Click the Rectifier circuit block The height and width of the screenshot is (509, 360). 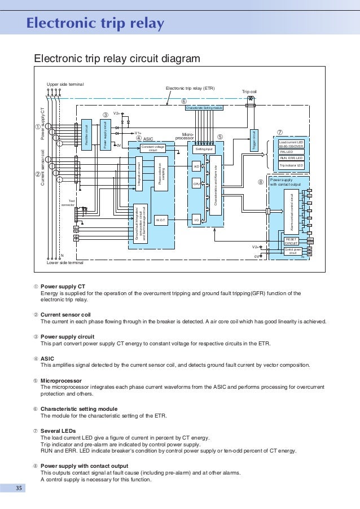(87, 134)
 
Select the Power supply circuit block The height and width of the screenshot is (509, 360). (105, 134)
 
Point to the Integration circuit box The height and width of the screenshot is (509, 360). (139, 174)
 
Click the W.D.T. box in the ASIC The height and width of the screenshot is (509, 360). (160, 221)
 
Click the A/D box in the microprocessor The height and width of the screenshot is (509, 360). (196, 167)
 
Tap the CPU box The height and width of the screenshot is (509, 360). (196, 184)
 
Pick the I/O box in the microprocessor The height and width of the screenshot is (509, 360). (196, 220)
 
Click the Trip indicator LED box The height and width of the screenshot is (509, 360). (292, 165)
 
